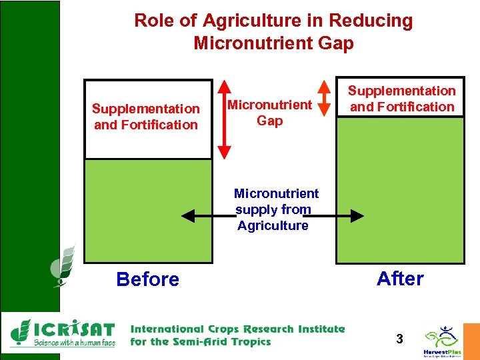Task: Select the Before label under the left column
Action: pos(147,279)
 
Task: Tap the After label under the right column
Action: pos(400,278)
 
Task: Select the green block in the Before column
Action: pos(149,210)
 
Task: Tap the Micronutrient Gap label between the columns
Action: pos(269,113)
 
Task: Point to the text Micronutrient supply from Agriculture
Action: pos(275,209)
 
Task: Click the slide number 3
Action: pos(399,339)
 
